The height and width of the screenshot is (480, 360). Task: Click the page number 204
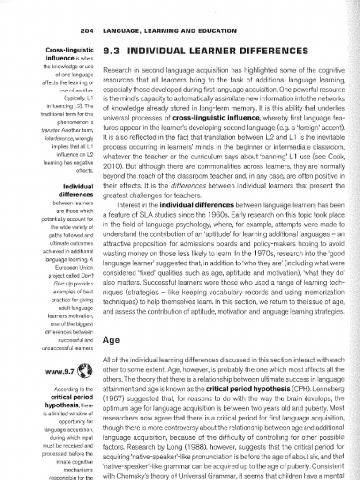click(87, 31)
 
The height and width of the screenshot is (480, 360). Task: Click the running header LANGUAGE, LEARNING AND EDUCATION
click(170, 31)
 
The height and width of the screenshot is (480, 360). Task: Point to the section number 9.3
click(112, 51)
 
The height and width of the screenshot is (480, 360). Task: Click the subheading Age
click(111, 340)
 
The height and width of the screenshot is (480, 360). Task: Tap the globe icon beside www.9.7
click(84, 371)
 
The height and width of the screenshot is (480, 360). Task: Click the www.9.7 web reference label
click(60, 372)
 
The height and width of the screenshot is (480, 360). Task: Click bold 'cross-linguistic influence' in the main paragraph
click(216, 117)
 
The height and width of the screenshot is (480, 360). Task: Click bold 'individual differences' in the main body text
click(196, 205)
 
